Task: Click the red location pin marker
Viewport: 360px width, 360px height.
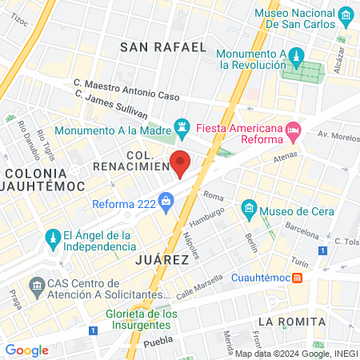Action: [181, 163]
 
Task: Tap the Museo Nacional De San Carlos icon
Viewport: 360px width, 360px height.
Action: [346, 15]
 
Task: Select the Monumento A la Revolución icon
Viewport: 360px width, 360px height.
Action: [295, 56]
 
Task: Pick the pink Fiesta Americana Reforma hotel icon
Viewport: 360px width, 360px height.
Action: [294, 129]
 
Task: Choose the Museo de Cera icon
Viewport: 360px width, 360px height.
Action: [249, 210]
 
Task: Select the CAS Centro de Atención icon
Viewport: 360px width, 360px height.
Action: [37, 285]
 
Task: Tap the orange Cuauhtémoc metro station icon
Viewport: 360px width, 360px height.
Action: [297, 278]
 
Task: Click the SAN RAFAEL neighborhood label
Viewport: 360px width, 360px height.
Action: [163, 47]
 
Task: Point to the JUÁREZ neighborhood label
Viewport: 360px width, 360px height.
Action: [162, 260]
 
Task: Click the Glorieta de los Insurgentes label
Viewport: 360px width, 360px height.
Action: [142, 319]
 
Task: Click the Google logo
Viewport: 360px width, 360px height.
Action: [26, 350]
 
